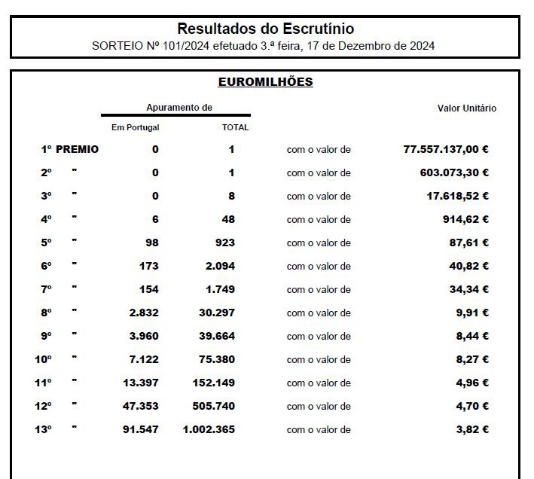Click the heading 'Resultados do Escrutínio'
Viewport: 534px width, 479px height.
(x=265, y=29)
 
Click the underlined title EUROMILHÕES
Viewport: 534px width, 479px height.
(x=265, y=82)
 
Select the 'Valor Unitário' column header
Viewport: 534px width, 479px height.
(x=467, y=108)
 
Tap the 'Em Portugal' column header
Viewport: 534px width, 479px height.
(x=135, y=127)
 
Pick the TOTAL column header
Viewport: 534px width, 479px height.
(x=235, y=127)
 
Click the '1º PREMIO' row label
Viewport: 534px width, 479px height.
(x=69, y=149)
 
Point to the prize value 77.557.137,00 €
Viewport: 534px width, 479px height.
(x=446, y=149)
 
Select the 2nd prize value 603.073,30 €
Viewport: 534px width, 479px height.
(x=454, y=172)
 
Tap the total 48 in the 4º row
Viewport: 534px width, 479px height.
(x=228, y=219)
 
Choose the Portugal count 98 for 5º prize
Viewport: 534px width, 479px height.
(x=151, y=243)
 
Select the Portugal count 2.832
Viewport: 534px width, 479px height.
(x=143, y=313)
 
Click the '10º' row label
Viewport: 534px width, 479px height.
(x=43, y=359)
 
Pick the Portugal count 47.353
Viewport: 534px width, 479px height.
(x=141, y=406)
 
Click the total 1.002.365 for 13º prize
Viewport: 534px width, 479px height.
(x=209, y=429)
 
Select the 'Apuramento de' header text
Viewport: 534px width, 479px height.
(x=179, y=108)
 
